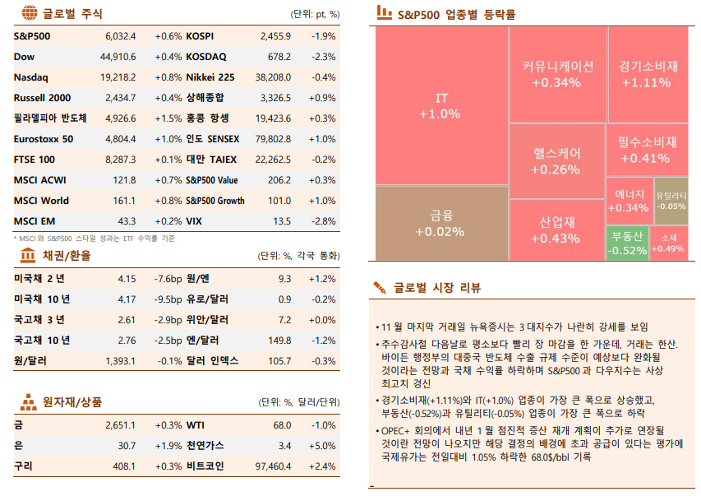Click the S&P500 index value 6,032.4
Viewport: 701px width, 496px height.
pos(120,37)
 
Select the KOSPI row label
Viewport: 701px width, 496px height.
pos(200,37)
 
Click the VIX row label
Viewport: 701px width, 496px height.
pos(194,221)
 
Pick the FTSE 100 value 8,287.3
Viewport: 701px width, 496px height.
pos(120,160)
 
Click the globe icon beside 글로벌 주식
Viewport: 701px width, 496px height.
pos(28,13)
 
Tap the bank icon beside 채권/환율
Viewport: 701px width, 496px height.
pos(28,256)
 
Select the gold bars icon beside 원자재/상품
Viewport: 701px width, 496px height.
pos(28,401)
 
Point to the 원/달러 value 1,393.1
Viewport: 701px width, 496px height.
pos(120,361)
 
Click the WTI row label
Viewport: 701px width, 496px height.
pos(196,425)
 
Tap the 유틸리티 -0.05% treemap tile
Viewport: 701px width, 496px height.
pos(671,200)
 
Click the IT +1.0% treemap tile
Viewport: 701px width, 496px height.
pos(441,106)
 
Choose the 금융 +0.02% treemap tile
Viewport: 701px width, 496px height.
pos(441,223)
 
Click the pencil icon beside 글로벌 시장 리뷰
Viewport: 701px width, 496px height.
pos(380,287)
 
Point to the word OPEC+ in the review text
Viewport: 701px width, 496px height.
pos(397,430)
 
